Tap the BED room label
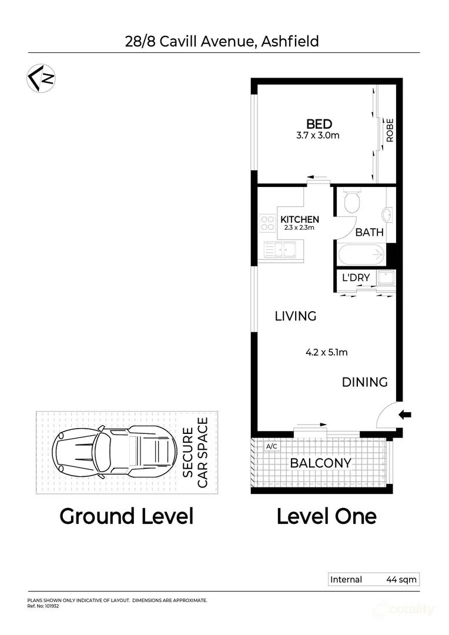(319, 124)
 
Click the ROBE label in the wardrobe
(389, 131)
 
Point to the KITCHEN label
(300, 219)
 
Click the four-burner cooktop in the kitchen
(267, 222)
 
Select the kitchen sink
(280, 250)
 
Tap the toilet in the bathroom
(351, 201)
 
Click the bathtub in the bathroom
(361, 255)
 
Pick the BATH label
(370, 232)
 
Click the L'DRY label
(356, 278)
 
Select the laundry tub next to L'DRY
(386, 278)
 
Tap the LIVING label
(296, 316)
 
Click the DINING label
(365, 382)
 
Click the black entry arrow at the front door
(405, 415)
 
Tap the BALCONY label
(320, 463)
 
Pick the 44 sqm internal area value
(401, 580)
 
